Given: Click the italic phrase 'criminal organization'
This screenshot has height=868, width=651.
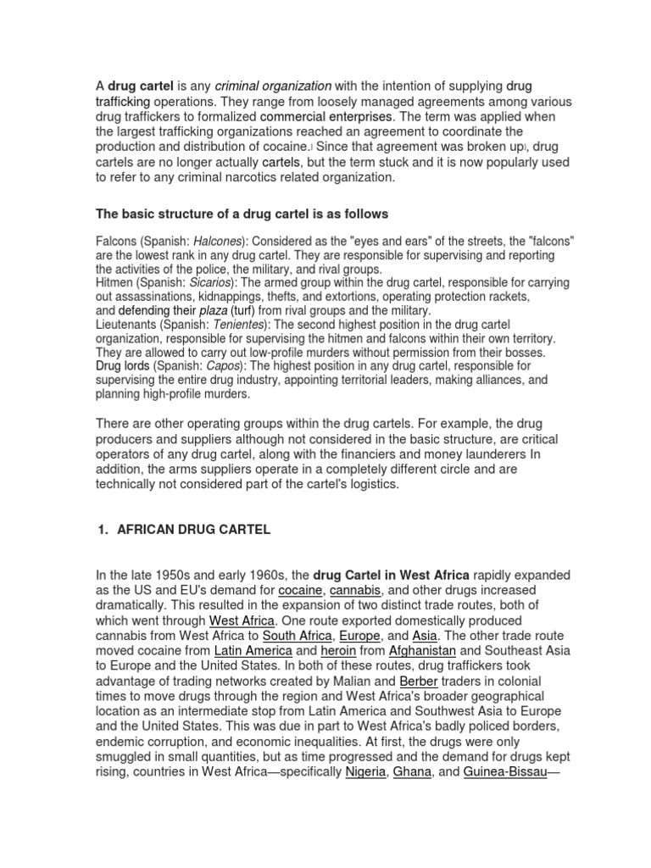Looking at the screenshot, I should coord(273,86).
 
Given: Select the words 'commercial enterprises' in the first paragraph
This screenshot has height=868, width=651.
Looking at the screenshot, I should coord(326,116).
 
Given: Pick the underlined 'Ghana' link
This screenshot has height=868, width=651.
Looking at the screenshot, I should coord(413,772).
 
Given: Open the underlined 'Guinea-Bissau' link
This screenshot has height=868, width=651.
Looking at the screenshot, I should coord(504,772).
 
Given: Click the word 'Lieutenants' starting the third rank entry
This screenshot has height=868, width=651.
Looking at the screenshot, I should coord(125,325).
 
